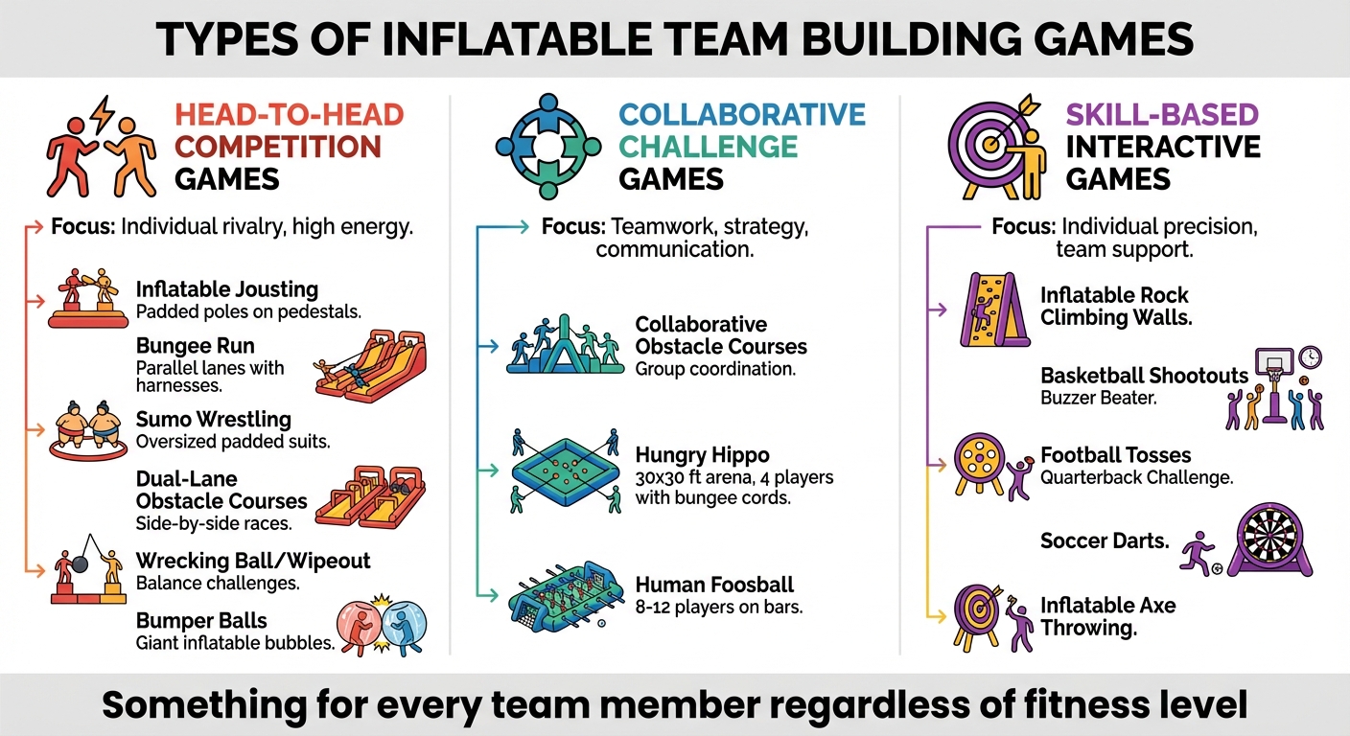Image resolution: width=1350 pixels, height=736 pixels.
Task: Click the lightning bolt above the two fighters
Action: coord(102,114)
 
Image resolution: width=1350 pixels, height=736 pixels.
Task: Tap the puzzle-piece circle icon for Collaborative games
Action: coord(547,147)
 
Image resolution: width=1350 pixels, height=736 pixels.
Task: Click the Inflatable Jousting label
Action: coord(226,288)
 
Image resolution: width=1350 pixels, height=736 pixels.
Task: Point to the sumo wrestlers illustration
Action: coord(86,429)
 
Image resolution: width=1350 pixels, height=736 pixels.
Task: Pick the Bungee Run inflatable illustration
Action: coord(370,367)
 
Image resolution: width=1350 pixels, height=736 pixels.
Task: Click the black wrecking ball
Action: coord(81,563)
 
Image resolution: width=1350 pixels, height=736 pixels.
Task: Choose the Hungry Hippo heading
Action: coord(702,454)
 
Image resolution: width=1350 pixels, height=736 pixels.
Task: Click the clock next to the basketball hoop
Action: coord(1310,358)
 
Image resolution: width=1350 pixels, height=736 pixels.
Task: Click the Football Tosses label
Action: coord(1115,454)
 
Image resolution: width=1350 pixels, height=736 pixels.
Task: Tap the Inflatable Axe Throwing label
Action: coord(1107,616)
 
